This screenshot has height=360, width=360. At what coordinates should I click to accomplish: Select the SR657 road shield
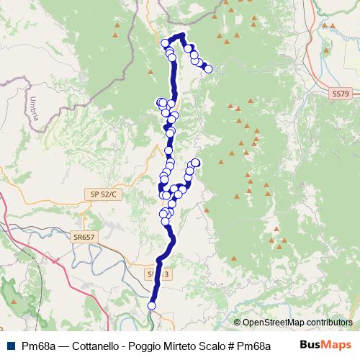tap(84, 236)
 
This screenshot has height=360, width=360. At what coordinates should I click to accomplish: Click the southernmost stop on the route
tap(152, 306)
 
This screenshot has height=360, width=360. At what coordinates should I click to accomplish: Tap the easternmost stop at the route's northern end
tap(209, 69)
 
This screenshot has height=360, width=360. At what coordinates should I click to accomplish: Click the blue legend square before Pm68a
tap(9, 345)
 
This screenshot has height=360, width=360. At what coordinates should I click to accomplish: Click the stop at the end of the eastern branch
tap(195, 162)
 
